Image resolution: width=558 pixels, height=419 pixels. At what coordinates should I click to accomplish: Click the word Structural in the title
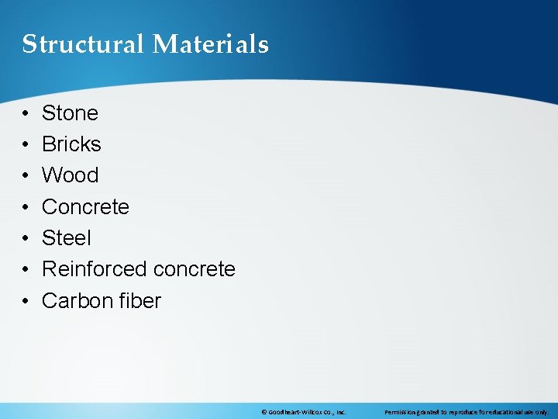pyautogui.click(x=83, y=44)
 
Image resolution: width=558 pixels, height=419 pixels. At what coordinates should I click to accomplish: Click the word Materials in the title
pyautogui.click(x=210, y=44)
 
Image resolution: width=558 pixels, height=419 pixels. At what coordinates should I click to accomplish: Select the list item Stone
pyautogui.click(x=70, y=113)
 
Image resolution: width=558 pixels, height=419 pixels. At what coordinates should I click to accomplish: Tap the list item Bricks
pyautogui.click(x=71, y=144)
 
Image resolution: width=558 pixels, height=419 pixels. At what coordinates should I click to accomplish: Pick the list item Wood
pyautogui.click(x=70, y=175)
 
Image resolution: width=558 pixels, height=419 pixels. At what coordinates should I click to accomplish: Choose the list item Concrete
pyautogui.click(x=85, y=207)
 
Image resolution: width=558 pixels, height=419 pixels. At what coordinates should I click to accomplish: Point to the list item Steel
pyautogui.click(x=66, y=238)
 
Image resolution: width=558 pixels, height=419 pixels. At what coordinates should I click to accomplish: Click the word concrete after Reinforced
pyautogui.click(x=194, y=269)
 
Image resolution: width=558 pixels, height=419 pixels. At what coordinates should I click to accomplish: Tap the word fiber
pyautogui.click(x=140, y=300)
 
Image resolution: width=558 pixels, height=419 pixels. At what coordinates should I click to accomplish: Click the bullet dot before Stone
pyautogui.click(x=26, y=114)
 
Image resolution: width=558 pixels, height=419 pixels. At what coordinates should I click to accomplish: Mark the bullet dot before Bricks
pyautogui.click(x=26, y=145)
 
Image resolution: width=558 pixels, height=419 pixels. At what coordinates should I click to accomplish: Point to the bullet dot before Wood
pyautogui.click(x=26, y=176)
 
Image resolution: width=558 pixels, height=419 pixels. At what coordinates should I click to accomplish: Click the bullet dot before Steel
pyautogui.click(x=26, y=239)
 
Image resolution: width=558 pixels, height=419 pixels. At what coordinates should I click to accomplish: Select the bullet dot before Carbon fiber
pyautogui.click(x=26, y=301)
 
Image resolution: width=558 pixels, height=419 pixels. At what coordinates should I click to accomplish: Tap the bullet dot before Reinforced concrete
pyautogui.click(x=26, y=270)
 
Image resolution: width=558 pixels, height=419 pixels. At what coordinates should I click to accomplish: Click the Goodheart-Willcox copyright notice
pyautogui.click(x=303, y=412)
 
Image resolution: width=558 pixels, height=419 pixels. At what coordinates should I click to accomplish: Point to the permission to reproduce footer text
pyautogui.click(x=467, y=412)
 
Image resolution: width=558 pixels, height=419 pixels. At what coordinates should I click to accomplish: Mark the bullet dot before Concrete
pyautogui.click(x=26, y=207)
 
